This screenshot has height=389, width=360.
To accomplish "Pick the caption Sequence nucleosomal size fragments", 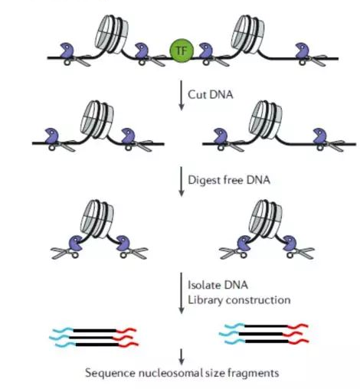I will tap(182, 373).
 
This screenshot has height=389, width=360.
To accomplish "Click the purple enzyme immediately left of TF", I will tap(142, 53).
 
